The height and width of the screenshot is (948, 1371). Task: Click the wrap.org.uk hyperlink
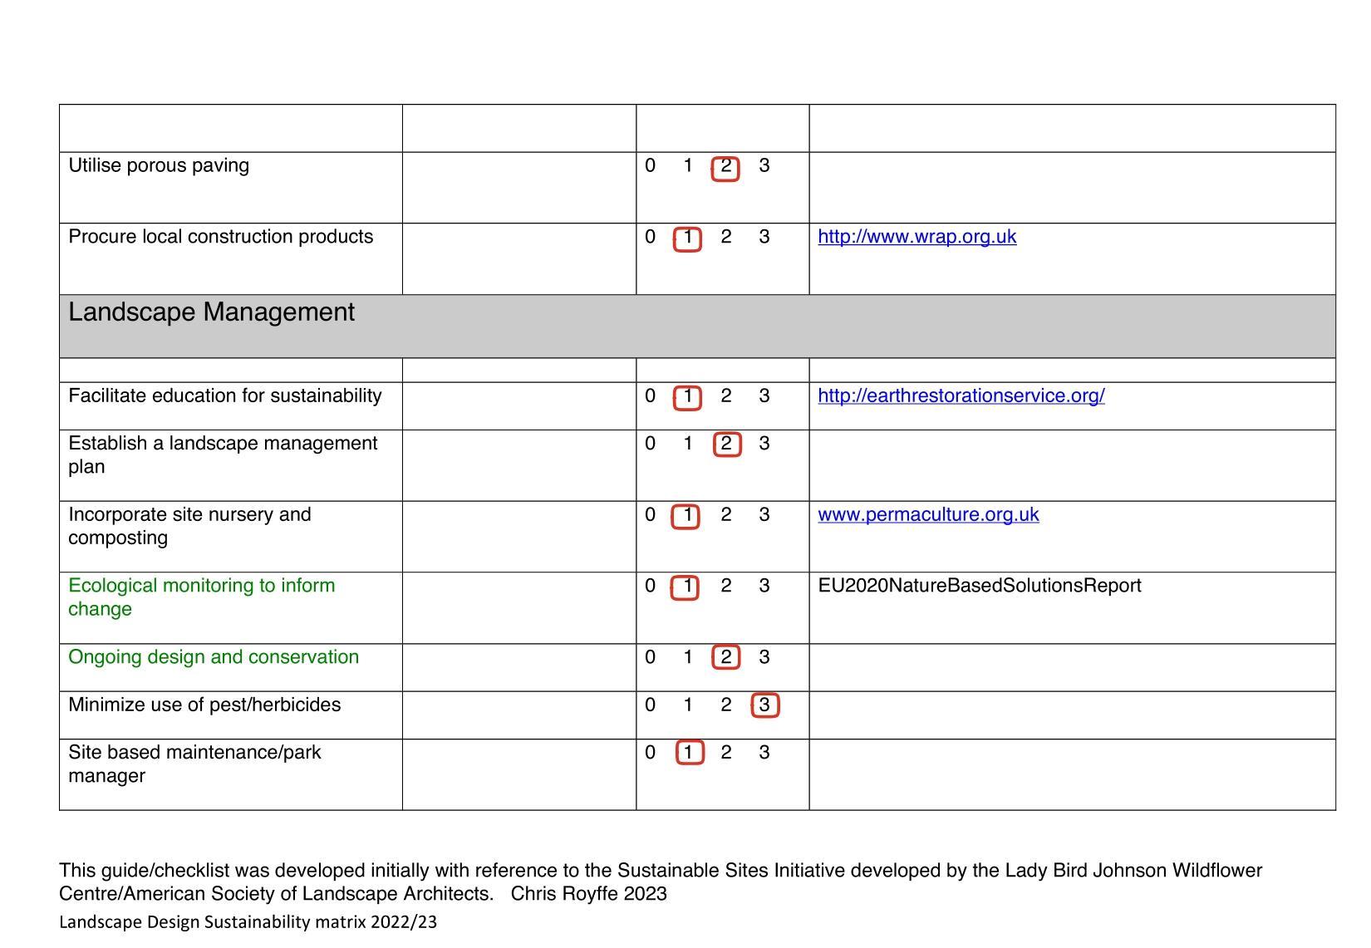916,237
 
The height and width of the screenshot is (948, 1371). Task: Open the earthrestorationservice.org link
961,395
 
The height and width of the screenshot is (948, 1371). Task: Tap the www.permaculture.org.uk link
927,514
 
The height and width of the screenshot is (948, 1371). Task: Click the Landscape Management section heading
211,312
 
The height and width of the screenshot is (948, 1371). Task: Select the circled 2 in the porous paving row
725,166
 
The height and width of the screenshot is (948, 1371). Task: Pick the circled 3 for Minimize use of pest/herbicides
764,705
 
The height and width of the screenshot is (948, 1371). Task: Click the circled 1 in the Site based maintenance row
689,753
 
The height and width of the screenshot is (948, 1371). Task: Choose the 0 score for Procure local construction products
650,237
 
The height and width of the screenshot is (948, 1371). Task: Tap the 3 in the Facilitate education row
764,395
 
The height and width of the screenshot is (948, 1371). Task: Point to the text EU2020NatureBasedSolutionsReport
979,586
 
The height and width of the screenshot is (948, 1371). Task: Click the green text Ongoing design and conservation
214,657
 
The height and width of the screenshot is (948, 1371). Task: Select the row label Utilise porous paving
159,165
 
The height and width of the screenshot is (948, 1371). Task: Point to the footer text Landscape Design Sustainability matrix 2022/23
248,922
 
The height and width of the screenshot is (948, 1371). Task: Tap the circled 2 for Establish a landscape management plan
726,444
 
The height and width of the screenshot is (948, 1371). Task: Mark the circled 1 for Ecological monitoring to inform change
686,587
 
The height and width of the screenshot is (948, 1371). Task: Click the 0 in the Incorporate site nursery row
650,515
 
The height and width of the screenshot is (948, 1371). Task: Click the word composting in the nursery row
118,538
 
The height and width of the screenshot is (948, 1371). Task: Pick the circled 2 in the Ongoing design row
725,658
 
